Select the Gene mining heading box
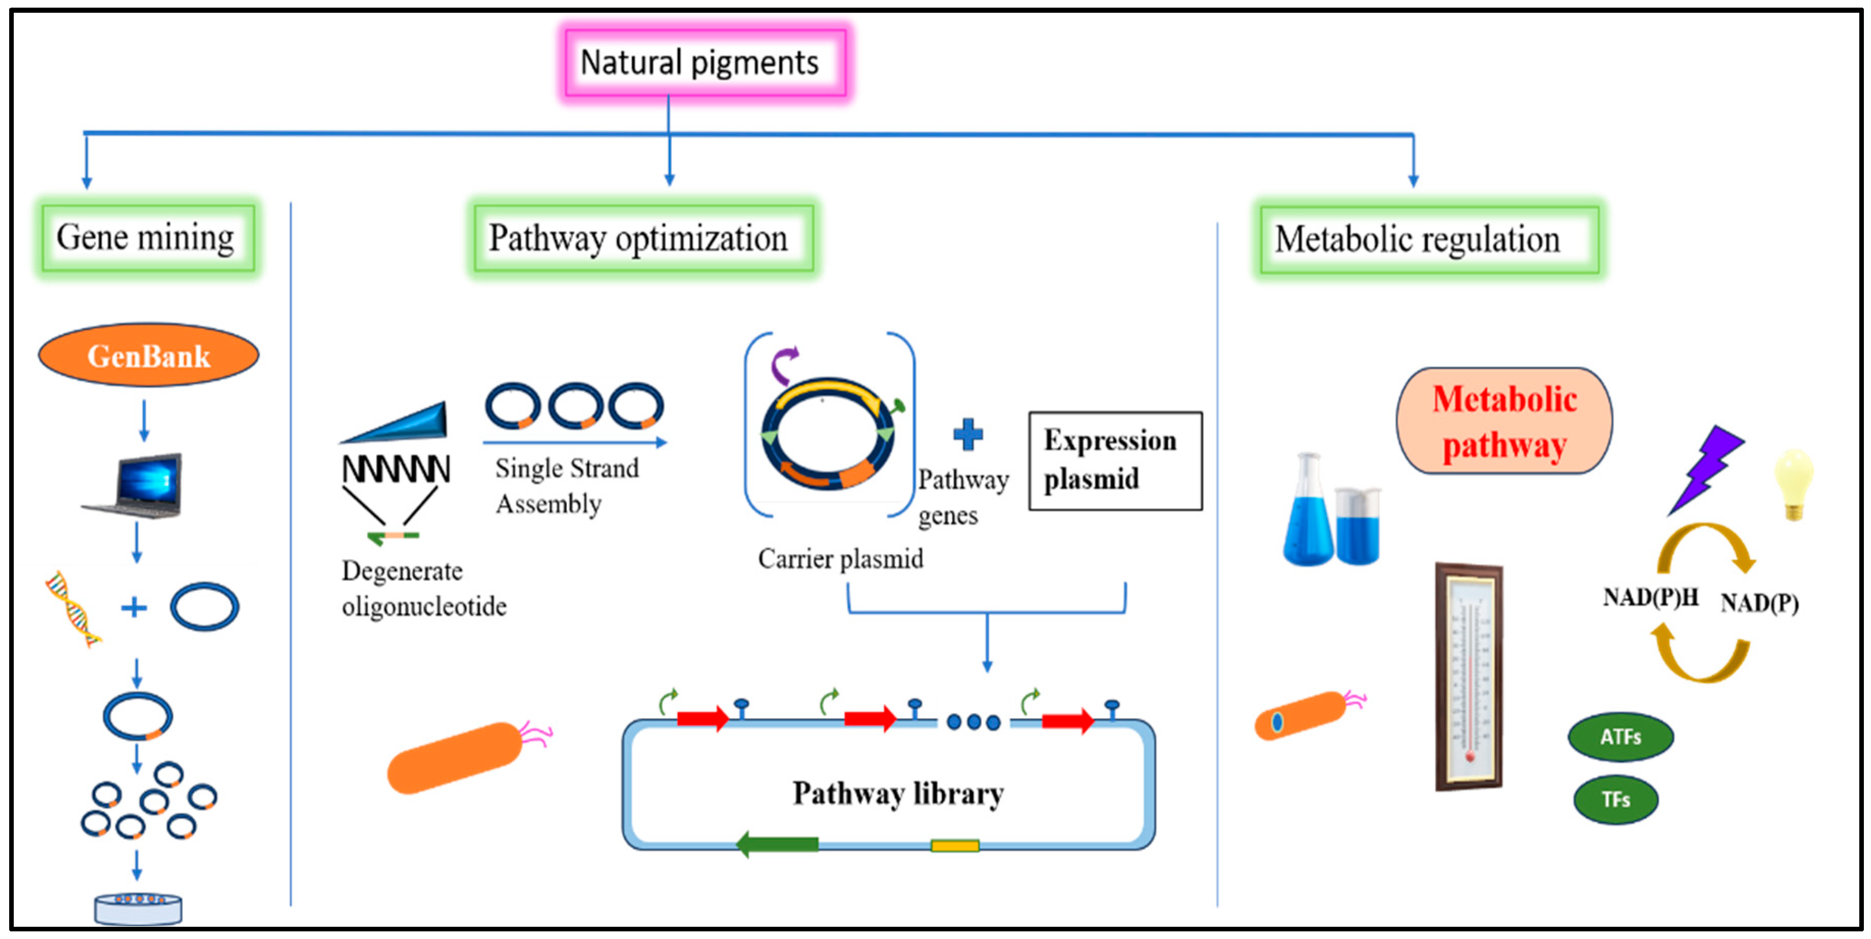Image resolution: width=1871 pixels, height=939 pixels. tap(147, 237)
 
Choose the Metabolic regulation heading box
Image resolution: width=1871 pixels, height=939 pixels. tap(1428, 239)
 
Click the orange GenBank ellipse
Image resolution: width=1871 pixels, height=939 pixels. tap(149, 355)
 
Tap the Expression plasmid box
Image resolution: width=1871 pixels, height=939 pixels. tap(1115, 461)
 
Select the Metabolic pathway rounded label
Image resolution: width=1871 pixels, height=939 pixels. tap(1504, 421)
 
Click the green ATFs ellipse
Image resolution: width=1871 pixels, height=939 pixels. tap(1620, 737)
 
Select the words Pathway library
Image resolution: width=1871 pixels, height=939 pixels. tap(898, 793)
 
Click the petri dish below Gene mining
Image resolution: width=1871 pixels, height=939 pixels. tap(138, 908)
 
